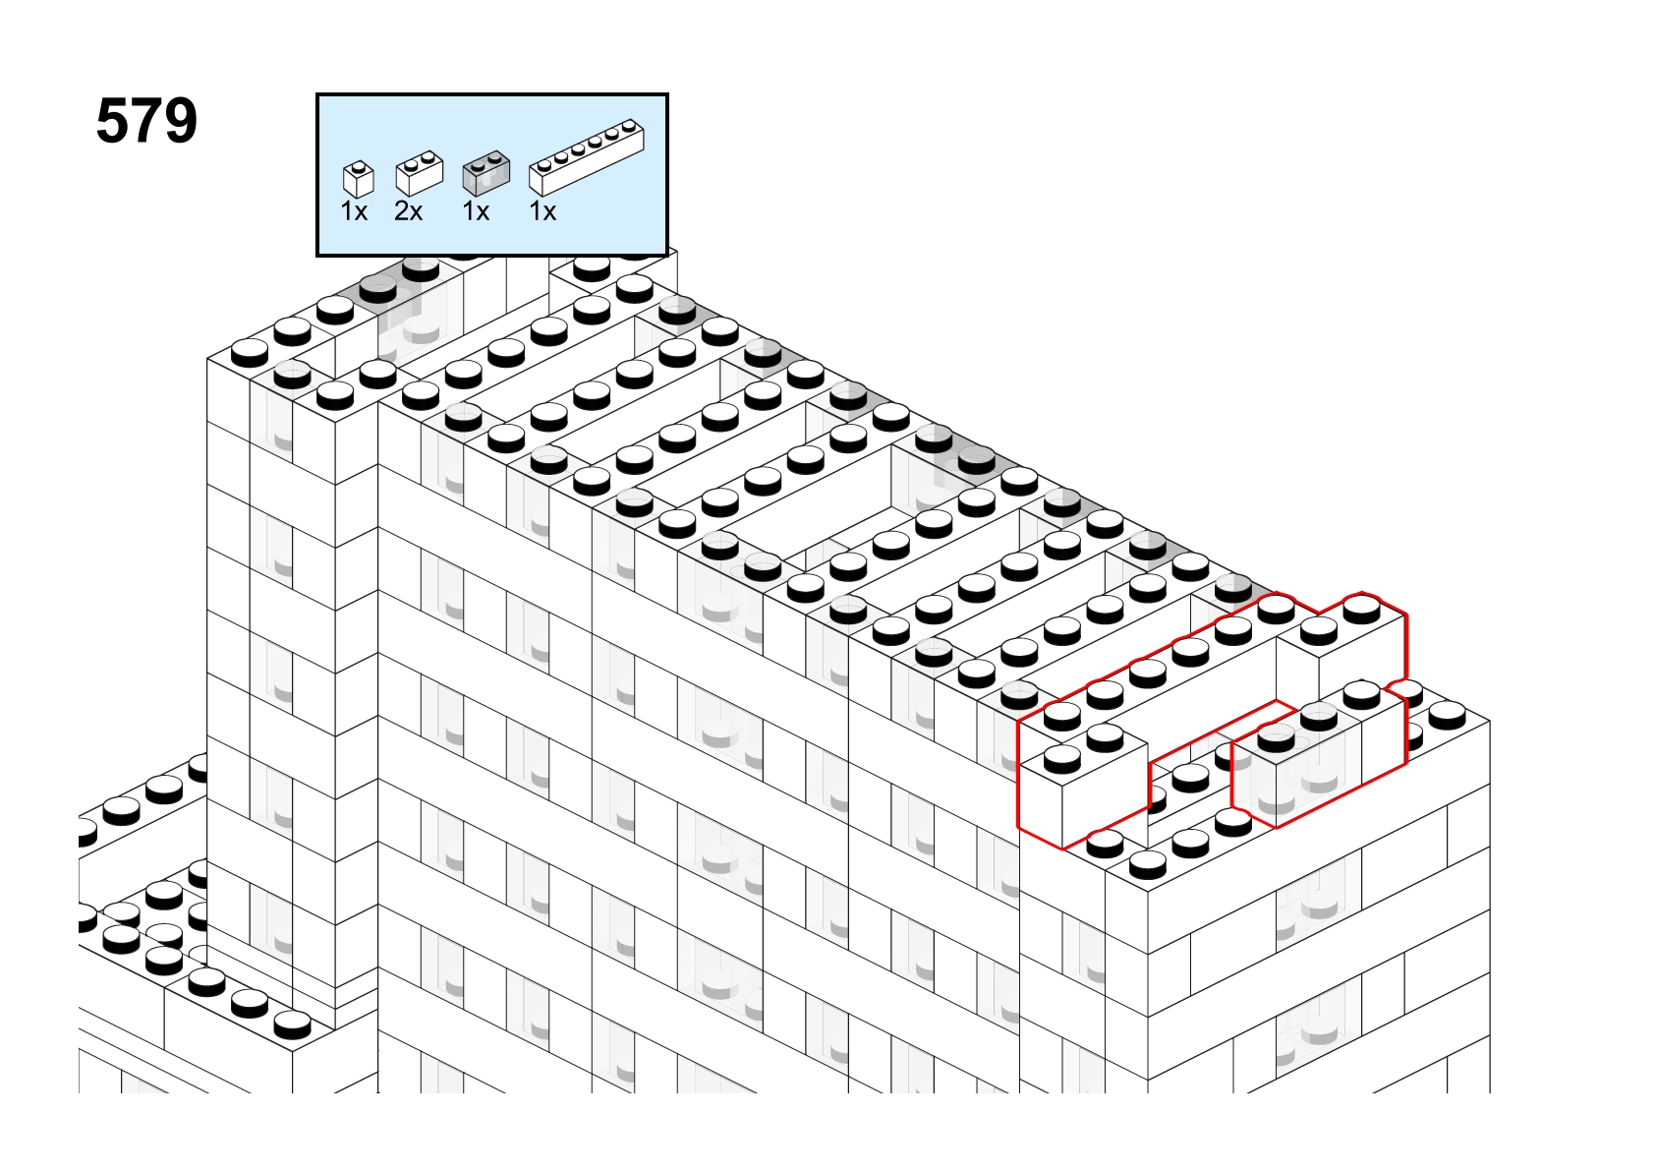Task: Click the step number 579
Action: coord(147,121)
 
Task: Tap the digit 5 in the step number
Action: coord(112,121)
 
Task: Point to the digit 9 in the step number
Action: coord(181,121)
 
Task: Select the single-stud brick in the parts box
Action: coord(359,180)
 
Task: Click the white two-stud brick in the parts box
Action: coord(420,173)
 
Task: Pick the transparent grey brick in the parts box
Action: coord(486,173)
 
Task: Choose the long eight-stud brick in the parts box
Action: coord(587,157)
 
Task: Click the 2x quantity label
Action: coord(408,211)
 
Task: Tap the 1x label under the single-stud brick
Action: coord(354,211)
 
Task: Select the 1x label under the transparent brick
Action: coord(476,211)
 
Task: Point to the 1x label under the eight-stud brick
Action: coord(542,211)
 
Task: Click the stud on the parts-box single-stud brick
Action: coord(359,166)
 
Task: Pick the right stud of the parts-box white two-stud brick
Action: coord(428,156)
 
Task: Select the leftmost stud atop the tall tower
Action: coord(250,353)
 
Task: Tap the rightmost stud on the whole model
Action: coord(1448,715)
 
